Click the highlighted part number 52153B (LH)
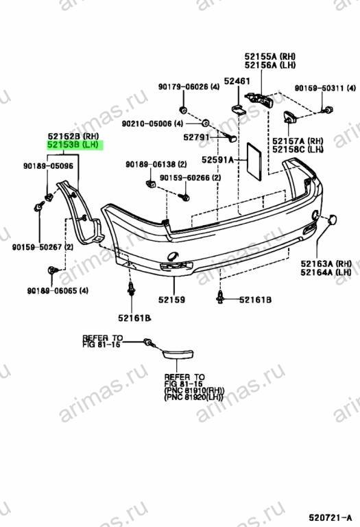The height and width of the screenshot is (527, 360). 73,145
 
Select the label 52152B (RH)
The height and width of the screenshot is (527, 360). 73,137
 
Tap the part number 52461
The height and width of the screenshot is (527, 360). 237,81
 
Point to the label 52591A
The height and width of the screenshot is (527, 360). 217,160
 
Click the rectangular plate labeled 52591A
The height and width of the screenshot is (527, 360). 254,162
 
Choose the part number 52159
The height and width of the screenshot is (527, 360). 171,299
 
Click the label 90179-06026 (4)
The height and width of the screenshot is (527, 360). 189,86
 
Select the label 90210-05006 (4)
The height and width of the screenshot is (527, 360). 152,124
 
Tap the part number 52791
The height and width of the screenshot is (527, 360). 196,137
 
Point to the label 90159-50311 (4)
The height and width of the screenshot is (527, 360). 325,88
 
